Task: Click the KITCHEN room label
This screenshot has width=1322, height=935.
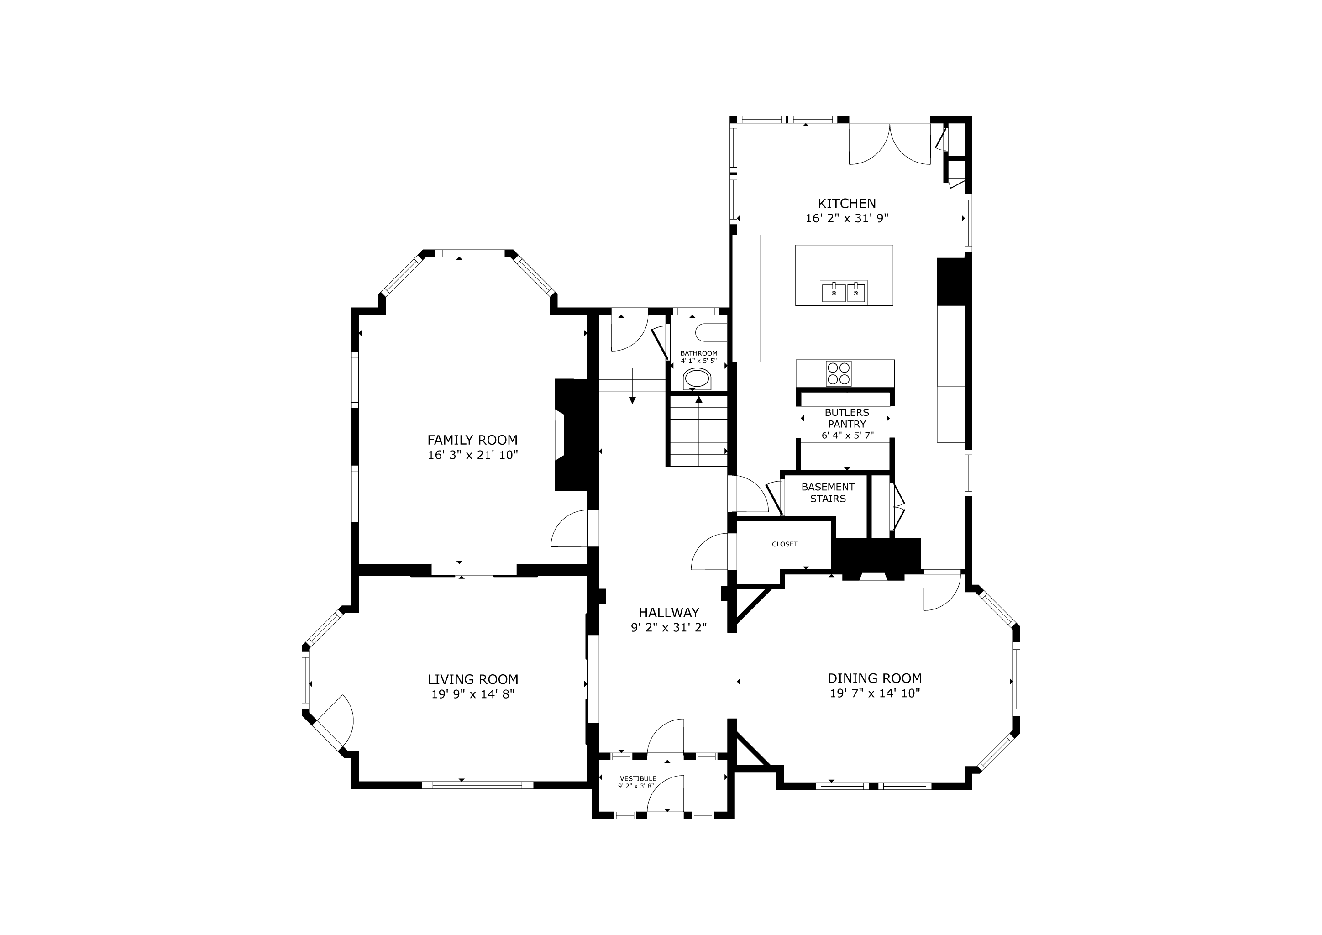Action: [846, 203]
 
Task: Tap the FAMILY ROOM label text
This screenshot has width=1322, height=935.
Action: [472, 440]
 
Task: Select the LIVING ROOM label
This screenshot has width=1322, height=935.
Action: [473, 679]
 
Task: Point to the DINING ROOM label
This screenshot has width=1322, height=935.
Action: [875, 678]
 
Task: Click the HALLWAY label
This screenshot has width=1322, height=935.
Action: [668, 613]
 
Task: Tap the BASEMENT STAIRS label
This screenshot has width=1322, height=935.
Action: [828, 493]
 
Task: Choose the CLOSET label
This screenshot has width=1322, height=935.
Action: [785, 544]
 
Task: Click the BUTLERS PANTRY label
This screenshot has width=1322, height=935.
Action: [847, 418]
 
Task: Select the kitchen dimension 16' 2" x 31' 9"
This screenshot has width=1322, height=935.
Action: [847, 219]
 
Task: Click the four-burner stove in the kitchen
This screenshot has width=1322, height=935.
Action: [838, 373]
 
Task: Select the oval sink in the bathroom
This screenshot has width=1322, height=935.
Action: [698, 379]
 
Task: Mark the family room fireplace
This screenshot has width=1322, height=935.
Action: [571, 435]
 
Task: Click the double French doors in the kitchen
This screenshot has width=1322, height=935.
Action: [890, 144]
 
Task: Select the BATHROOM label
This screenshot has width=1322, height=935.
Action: [699, 353]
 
